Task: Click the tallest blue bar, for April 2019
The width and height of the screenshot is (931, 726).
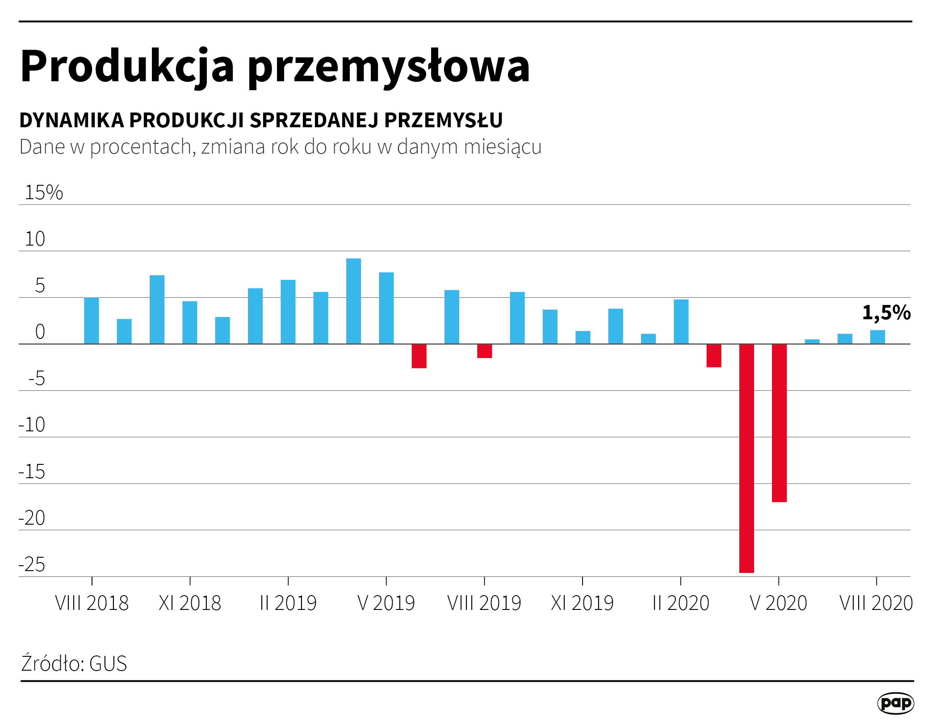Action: click(353, 301)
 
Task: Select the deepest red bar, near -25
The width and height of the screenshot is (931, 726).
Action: click(746, 458)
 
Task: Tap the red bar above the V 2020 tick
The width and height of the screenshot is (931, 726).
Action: click(779, 422)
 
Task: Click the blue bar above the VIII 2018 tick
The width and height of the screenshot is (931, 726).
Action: click(92, 321)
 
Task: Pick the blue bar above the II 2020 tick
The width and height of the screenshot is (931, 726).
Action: click(681, 321)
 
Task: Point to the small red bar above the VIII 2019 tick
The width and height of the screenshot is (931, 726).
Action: click(484, 351)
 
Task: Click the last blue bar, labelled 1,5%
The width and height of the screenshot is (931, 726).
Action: click(877, 337)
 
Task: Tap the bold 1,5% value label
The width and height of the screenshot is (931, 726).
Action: click(886, 313)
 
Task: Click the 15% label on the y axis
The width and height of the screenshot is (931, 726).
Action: click(44, 192)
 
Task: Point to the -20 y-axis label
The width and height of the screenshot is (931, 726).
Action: click(32, 518)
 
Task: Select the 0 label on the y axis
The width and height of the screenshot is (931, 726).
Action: click(40, 332)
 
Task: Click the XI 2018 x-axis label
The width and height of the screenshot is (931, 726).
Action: click(190, 603)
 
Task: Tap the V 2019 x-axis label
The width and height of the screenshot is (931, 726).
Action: click(386, 603)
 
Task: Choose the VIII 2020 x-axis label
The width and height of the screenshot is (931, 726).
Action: click(876, 603)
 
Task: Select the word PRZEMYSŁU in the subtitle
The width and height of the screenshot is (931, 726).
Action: click(443, 120)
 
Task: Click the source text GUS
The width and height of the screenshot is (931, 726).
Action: click(108, 663)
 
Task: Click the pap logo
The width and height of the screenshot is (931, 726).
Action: click(895, 703)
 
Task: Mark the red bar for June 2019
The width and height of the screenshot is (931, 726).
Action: click(419, 356)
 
